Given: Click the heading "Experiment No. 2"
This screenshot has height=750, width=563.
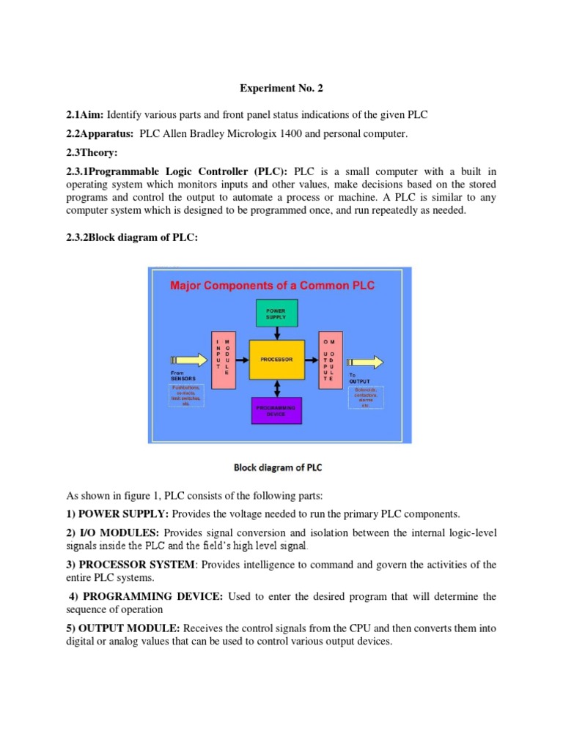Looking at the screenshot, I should click(x=281, y=89).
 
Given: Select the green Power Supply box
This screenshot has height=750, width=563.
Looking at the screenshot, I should click(x=276, y=313).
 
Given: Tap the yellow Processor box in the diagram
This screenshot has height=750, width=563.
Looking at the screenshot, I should click(x=276, y=360).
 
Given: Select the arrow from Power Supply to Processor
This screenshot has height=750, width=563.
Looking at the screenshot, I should click(x=276, y=333).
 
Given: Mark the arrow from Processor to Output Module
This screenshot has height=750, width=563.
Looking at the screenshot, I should click(x=311, y=360).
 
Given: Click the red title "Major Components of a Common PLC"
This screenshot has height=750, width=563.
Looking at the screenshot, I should click(x=273, y=285).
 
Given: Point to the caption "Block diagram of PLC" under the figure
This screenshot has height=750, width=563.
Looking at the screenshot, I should click(x=278, y=467).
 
